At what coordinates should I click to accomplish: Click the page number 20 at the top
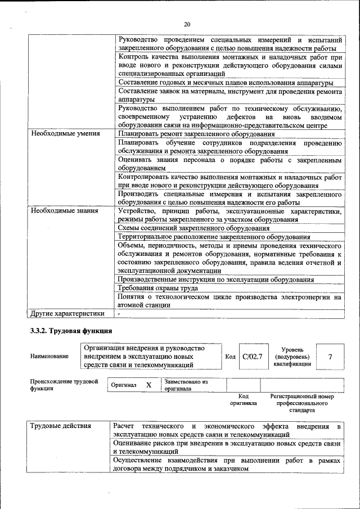[x=187, y=24]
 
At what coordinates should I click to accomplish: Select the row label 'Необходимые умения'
[x=65, y=134]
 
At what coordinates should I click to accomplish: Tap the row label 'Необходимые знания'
[x=65, y=211]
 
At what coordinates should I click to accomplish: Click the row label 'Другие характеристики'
[x=67, y=313]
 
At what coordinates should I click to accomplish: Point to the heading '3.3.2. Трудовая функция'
[x=71, y=331]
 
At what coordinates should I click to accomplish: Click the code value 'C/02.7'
[x=253, y=357]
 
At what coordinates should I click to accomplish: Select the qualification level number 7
[x=330, y=357]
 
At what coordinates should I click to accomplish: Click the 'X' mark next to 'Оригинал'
[x=148, y=385]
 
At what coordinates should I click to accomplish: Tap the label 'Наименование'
[x=50, y=357]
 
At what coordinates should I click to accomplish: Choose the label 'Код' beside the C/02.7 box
[x=231, y=357]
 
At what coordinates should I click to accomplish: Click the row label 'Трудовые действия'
[x=61, y=426]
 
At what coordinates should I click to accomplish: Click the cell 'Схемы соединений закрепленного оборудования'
[x=193, y=228]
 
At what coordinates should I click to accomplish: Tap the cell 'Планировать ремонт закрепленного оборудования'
[x=196, y=134]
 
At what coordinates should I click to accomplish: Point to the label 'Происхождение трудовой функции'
[x=64, y=385]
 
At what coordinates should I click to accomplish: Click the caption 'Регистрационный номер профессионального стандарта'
[x=305, y=403]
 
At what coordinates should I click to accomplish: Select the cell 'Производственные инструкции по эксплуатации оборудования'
[x=216, y=280]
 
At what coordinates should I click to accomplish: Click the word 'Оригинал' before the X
[x=124, y=385]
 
